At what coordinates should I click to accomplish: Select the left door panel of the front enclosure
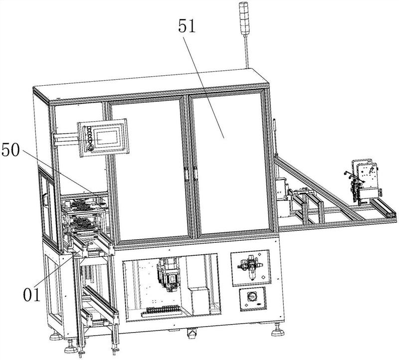click(148, 170)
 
